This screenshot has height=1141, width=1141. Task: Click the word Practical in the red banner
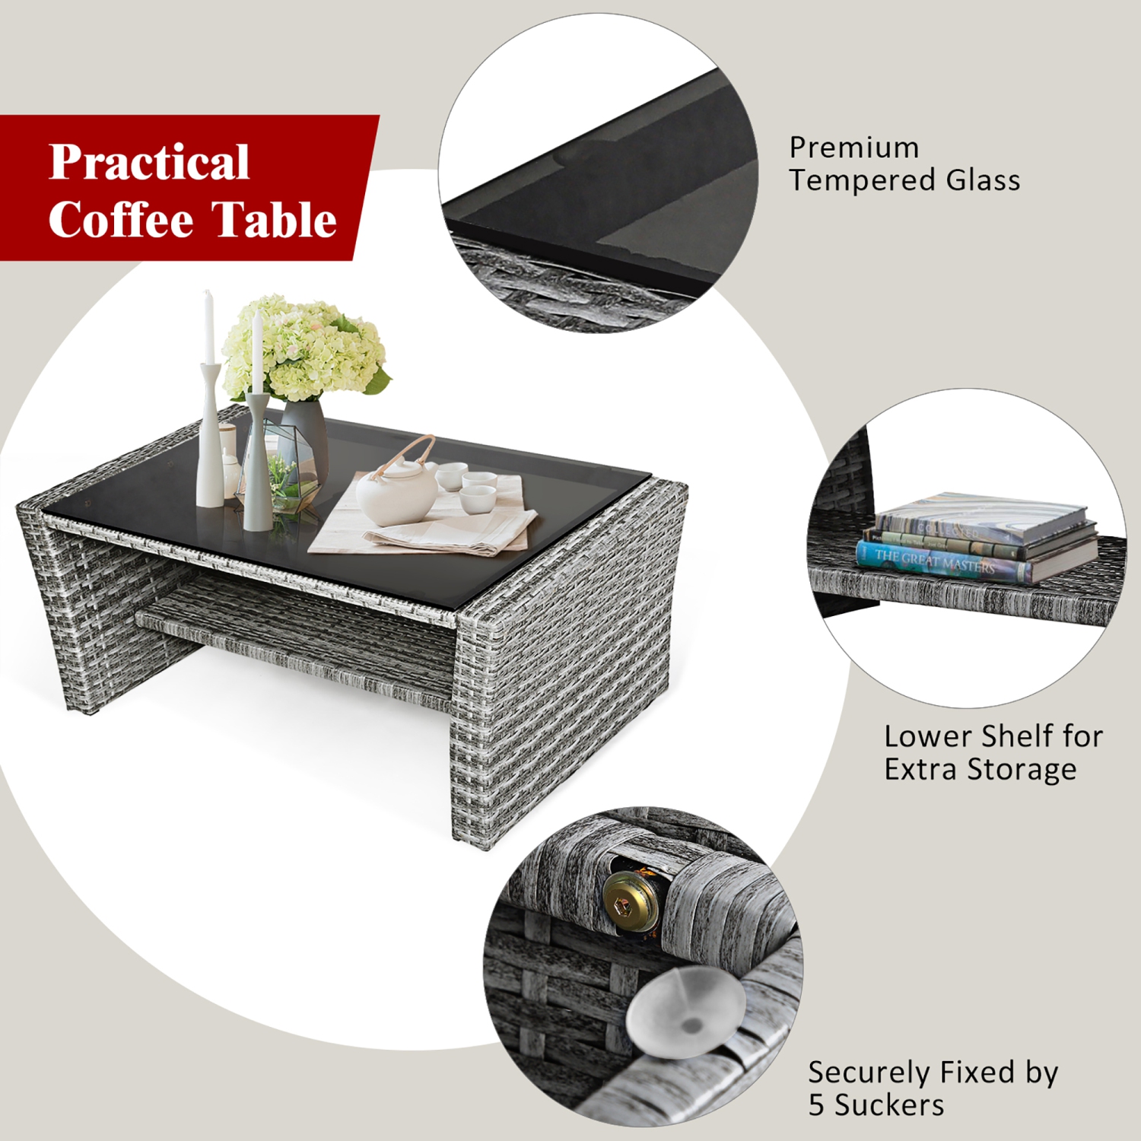coord(149,163)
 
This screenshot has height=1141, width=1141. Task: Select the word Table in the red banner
coord(273,220)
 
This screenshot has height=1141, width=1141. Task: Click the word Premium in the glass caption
coord(853,148)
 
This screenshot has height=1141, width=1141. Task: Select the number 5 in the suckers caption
coord(816,1105)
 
